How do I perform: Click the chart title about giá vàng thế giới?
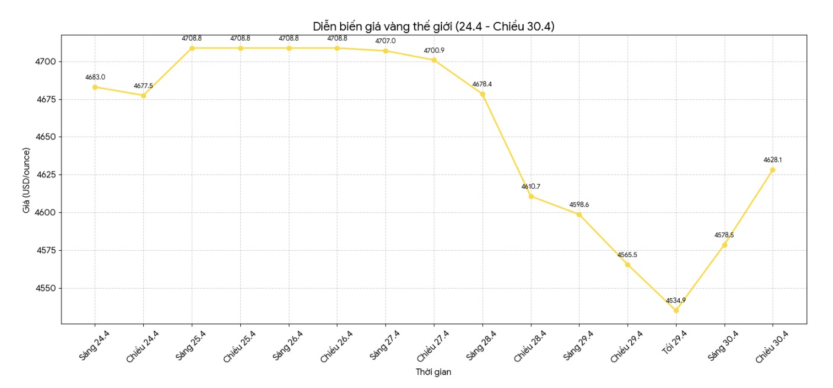pos(433,26)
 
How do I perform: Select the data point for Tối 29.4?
pos(676,311)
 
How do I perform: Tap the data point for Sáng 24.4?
pos(95,87)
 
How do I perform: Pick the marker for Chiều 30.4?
pos(773,170)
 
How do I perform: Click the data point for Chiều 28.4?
pos(531,196)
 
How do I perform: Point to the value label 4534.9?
pos(676,300)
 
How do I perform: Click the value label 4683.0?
pos(95,77)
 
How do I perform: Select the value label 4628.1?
pos(773,160)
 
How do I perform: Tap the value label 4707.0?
pos(385,41)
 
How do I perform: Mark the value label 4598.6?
pos(579,205)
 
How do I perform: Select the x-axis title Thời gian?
pos(433,372)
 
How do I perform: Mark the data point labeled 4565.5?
pos(628,264)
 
